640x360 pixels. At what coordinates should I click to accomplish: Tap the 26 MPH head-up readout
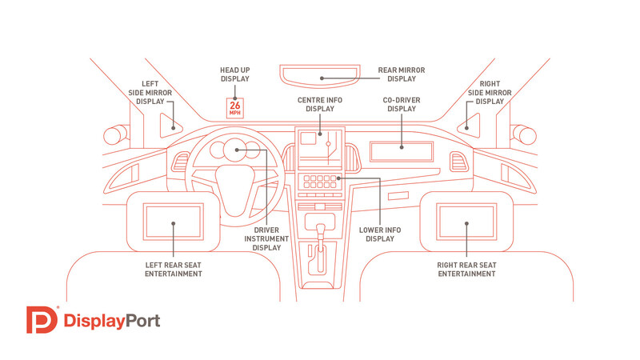pyautogui.click(x=234, y=108)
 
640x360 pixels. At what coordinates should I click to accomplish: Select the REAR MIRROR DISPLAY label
pyautogui.click(x=402, y=74)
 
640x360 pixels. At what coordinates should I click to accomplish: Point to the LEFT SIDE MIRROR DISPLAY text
pyautogui.click(x=157, y=92)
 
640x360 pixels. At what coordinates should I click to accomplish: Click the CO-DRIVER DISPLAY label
pyautogui.click(x=402, y=105)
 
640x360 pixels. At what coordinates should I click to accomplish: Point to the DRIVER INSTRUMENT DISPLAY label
pyautogui.click(x=266, y=239)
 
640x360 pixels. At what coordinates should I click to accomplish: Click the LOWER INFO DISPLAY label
pyautogui.click(x=380, y=234)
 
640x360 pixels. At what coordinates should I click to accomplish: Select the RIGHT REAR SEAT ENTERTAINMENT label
pyautogui.click(x=466, y=269)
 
